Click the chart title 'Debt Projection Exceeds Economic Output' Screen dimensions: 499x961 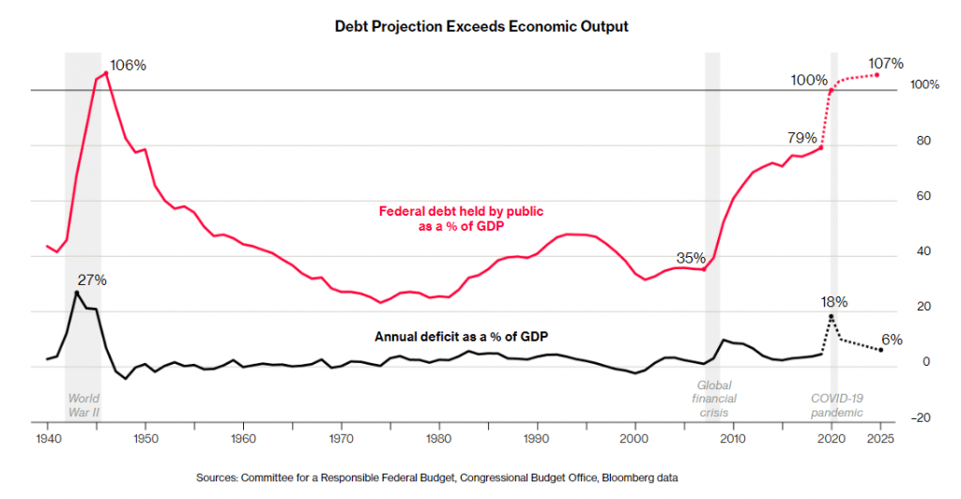tap(481, 27)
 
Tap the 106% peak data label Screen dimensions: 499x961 tap(129, 66)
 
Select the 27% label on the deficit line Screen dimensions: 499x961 tap(92, 280)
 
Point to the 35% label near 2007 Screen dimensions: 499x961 tap(691, 258)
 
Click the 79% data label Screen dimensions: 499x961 tap(802, 138)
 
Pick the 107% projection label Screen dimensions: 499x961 tap(885, 64)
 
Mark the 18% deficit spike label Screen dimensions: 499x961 tap(834, 302)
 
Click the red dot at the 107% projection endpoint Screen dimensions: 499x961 tap(877, 74)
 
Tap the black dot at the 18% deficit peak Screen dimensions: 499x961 tap(831, 316)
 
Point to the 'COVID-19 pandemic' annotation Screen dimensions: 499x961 tap(837, 405)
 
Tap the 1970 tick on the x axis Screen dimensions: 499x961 tap(342, 438)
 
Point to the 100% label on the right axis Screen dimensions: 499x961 tap(924, 85)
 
